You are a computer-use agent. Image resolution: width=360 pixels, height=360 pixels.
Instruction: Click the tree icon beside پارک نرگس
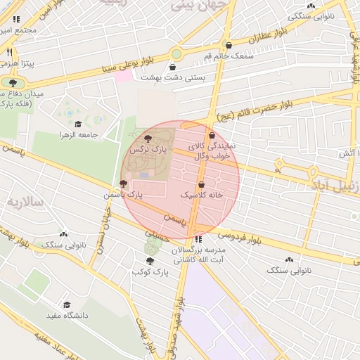coord(147,138)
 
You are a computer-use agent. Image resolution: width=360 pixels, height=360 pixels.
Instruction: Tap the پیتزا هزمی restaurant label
coord(27,63)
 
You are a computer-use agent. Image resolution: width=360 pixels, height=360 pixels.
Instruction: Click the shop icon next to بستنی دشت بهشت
coord(172,67)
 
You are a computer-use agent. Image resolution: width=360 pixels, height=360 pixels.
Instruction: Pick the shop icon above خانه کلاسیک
coord(202,183)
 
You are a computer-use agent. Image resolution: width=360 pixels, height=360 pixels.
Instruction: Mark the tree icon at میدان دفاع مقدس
coord(13,82)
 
